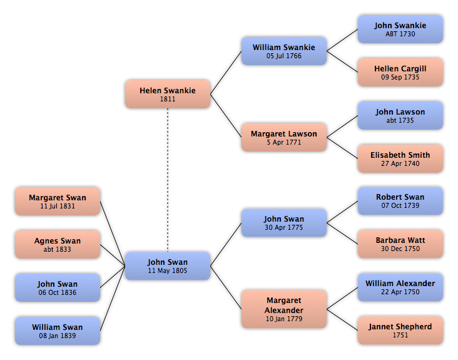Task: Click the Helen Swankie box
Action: coord(168,94)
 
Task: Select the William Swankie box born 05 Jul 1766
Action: coord(284,51)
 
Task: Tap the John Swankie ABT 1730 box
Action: coord(400,29)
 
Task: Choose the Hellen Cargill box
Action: coord(400,72)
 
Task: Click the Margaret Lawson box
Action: coord(284,137)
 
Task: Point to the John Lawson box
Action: coord(400,115)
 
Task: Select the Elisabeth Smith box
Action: coord(400,158)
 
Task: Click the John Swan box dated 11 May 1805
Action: coord(168,266)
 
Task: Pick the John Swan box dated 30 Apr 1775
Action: coord(284,223)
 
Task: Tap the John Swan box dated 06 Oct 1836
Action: coord(58,287)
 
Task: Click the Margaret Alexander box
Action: coord(284,309)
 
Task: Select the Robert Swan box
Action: coord(400,201)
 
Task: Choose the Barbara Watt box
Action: coord(400,244)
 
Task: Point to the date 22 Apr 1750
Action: coord(400,292)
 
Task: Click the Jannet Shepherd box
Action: coord(400,330)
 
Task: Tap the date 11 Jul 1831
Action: coord(58,206)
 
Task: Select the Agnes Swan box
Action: coord(58,244)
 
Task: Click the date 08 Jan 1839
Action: coord(58,336)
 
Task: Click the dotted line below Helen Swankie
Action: coord(168,180)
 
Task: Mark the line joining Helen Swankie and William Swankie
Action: coord(226,73)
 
